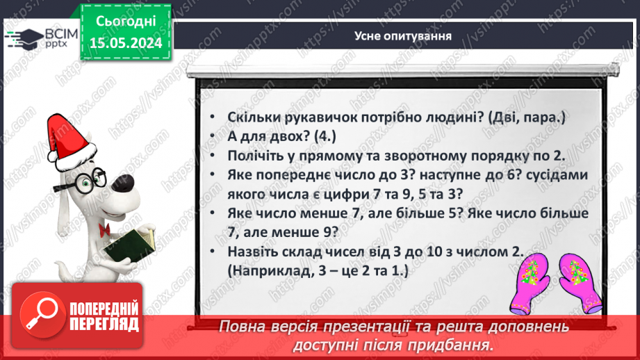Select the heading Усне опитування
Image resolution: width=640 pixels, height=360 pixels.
[404, 36]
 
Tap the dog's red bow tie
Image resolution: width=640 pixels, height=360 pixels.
[105, 227]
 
